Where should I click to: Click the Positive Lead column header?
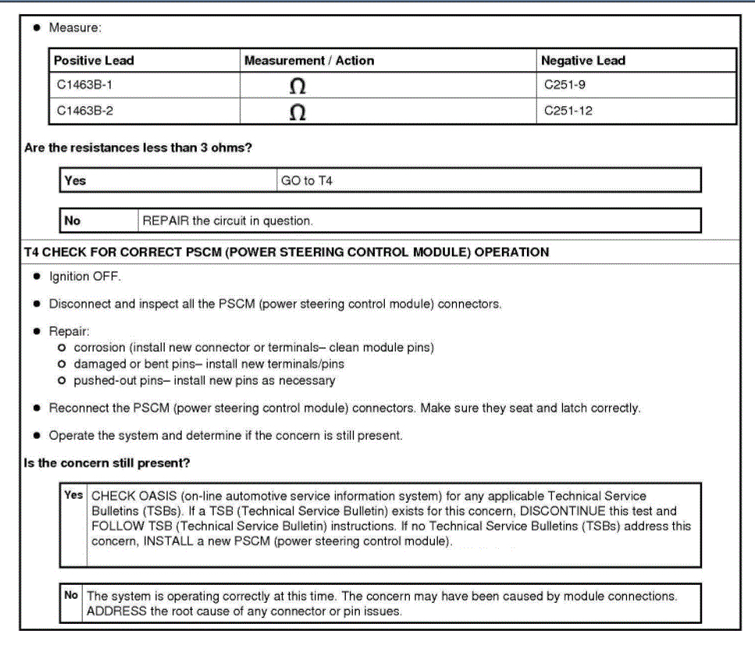tap(94, 60)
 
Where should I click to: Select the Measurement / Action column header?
tap(308, 60)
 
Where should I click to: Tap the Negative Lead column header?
tap(582, 60)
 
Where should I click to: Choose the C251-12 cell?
tap(568, 111)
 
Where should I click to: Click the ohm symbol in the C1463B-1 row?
tap(297, 87)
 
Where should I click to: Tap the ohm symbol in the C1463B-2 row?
tap(297, 112)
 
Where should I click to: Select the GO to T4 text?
tap(306, 180)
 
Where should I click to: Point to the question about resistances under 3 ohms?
tap(137, 148)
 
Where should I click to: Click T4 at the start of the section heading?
tap(32, 252)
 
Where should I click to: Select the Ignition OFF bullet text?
tap(85, 276)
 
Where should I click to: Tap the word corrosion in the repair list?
tap(99, 347)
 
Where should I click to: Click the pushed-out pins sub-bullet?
tap(204, 380)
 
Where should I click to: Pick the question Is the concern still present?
tap(107, 463)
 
